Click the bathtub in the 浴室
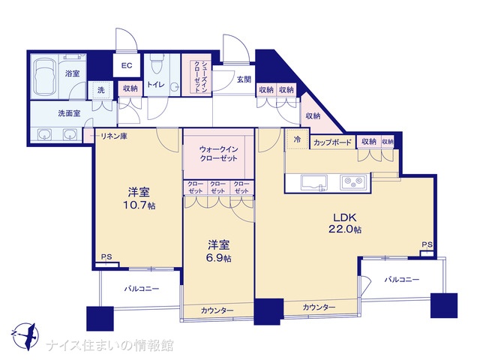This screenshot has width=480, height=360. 43,76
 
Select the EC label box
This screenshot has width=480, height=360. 127,65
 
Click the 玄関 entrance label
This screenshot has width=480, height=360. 244,79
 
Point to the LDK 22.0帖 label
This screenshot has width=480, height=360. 345,223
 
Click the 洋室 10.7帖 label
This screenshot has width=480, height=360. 139,199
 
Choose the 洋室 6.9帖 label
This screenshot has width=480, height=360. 219,251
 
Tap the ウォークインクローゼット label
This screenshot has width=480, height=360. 218,154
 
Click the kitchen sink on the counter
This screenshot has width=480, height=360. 314,183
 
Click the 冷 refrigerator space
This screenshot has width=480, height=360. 297,139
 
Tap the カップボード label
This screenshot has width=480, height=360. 332,142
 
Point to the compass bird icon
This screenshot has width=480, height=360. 25,336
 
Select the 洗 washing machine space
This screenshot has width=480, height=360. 100,90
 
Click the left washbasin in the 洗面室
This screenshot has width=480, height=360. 45,134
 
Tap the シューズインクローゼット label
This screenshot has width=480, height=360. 196,76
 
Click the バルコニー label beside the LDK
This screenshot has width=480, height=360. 402,280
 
